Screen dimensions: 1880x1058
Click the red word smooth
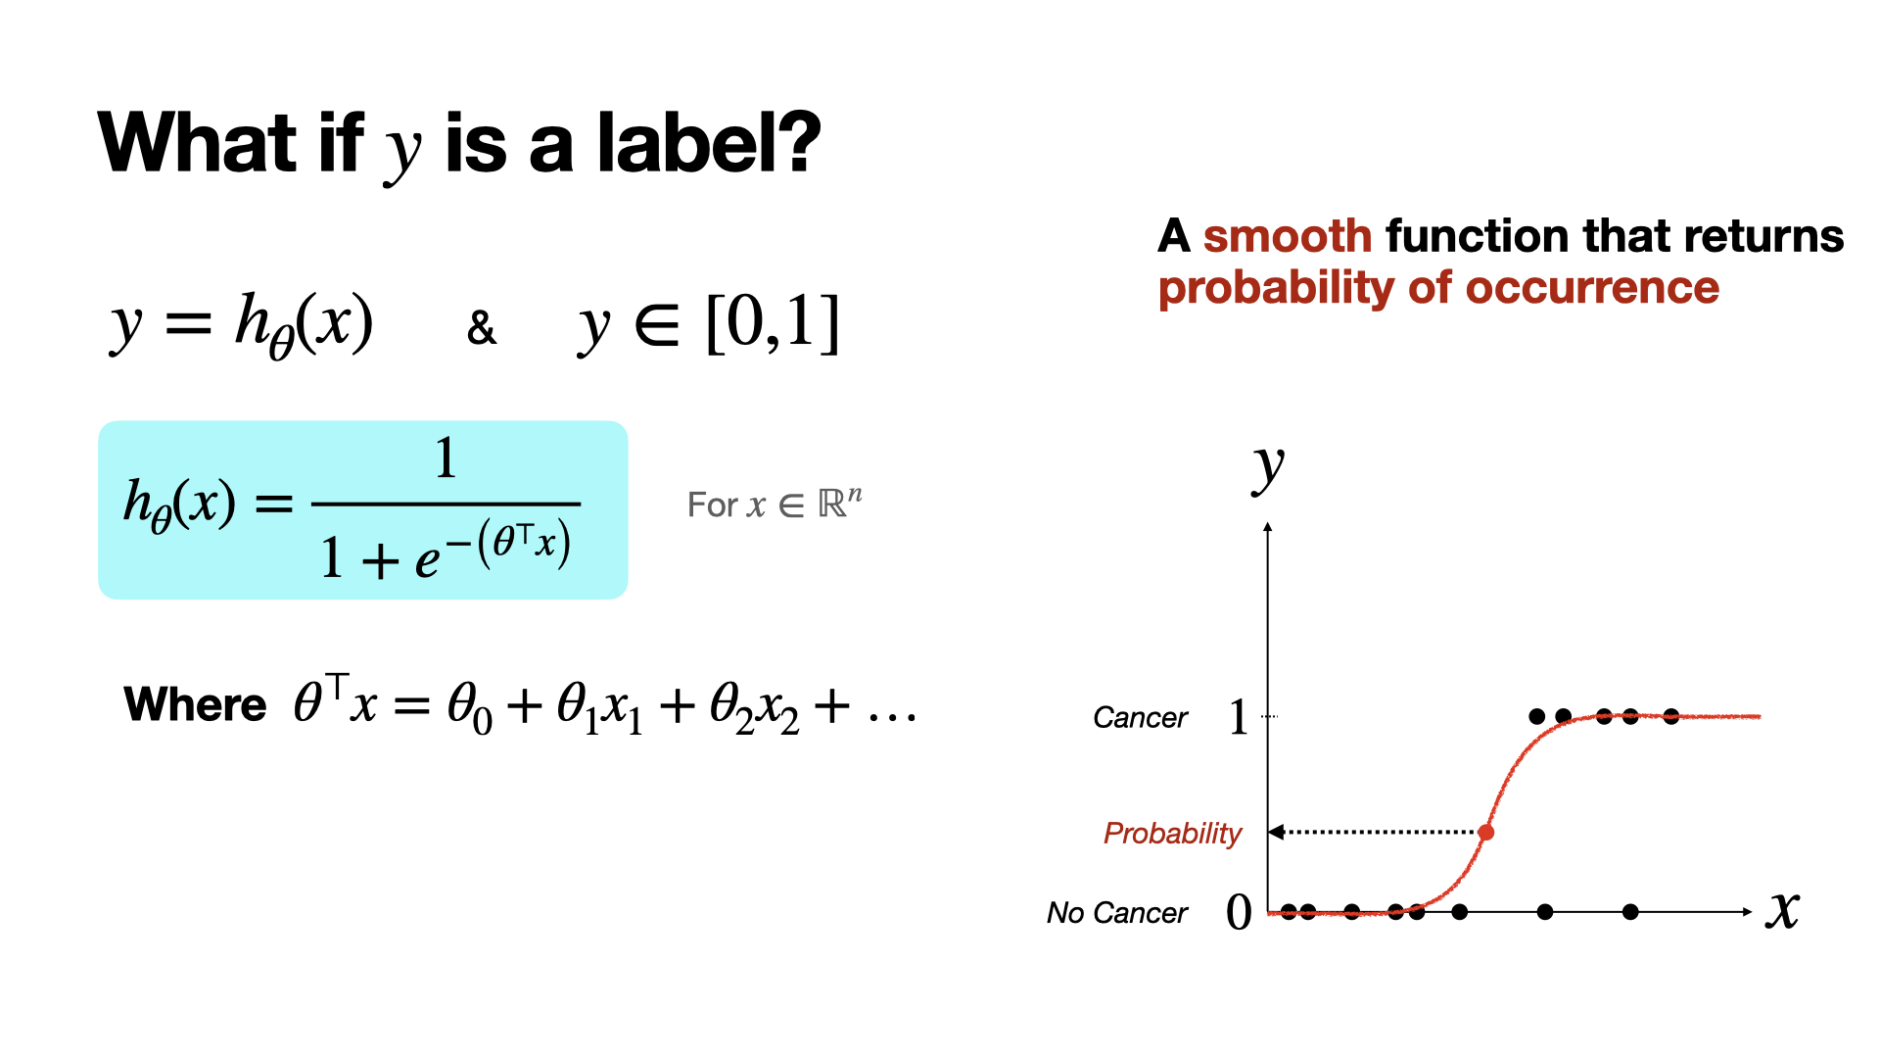tap(1288, 236)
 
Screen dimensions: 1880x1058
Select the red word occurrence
tap(1592, 288)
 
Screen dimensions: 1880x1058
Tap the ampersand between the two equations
tap(481, 327)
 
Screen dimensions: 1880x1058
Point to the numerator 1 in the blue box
tap(446, 457)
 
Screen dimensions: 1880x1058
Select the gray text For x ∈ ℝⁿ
tap(775, 504)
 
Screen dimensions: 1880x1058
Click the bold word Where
tap(195, 704)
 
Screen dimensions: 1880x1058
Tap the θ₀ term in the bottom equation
tap(469, 707)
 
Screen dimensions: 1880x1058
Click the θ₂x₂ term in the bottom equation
tap(754, 707)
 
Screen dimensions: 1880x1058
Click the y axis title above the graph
tap(1269, 468)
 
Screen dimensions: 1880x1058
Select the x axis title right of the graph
tap(1783, 910)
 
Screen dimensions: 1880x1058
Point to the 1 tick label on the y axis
tap(1239, 716)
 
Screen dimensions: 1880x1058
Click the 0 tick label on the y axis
tap(1239, 912)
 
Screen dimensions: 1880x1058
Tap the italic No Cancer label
tap(1117, 913)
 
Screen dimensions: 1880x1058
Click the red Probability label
tap(1172, 833)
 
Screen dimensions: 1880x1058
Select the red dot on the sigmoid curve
tap(1486, 833)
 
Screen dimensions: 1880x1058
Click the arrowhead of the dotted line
tap(1276, 833)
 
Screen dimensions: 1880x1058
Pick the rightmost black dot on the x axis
tap(1630, 912)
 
